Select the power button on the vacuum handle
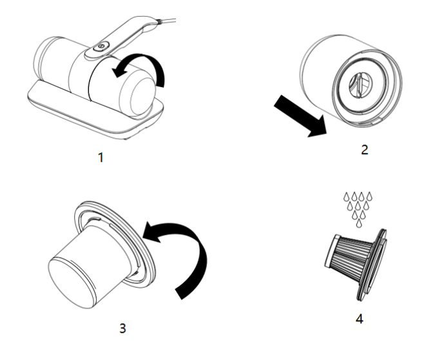tap(101, 46)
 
